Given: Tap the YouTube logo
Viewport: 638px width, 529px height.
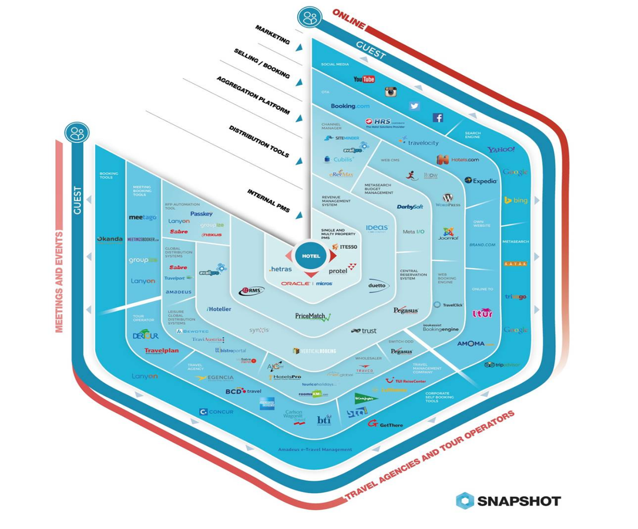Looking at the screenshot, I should (364, 79).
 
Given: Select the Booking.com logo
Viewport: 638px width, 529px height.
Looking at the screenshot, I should (350, 106).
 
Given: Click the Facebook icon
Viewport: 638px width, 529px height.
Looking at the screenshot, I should (438, 118).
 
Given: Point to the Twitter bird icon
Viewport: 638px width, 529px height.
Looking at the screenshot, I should (415, 106).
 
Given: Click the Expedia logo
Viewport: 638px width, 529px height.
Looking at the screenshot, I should (481, 180).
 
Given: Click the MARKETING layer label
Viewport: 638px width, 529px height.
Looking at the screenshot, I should (273, 34).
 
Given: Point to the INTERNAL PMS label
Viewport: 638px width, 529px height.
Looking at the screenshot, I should (268, 201).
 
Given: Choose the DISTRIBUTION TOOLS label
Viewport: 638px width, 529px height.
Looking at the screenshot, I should (259, 141).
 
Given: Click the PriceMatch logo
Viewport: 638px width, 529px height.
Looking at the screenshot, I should (313, 316).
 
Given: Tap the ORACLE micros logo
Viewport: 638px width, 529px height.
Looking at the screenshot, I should (307, 283).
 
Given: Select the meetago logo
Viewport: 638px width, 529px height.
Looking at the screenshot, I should (143, 217).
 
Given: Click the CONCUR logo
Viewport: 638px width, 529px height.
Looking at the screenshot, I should (216, 412).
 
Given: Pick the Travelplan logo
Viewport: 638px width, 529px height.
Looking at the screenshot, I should (162, 351).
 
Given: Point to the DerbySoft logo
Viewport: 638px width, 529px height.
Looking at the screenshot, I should (410, 207).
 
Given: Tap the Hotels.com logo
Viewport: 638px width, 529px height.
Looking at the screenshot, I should (458, 159).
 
